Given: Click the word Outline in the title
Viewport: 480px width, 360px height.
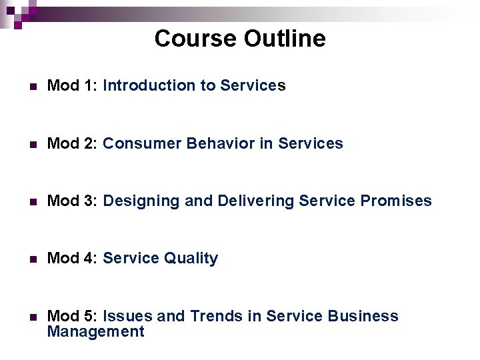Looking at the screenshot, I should [285, 39].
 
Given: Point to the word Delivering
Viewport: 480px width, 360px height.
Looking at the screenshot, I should [256, 201].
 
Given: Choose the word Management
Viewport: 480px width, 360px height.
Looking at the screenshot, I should [95, 331].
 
